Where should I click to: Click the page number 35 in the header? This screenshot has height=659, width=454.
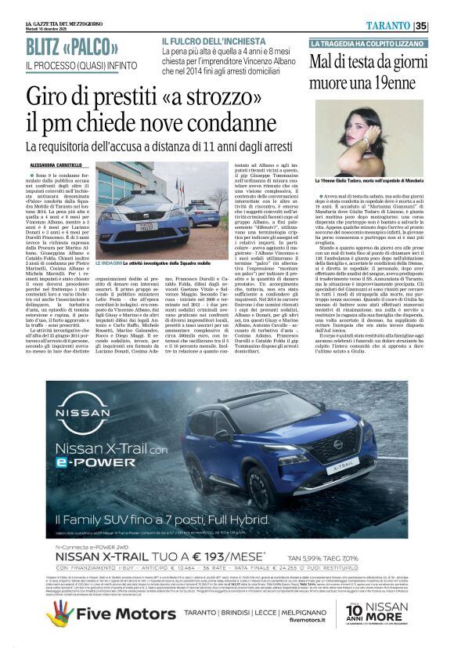pyautogui.click(x=442, y=26)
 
